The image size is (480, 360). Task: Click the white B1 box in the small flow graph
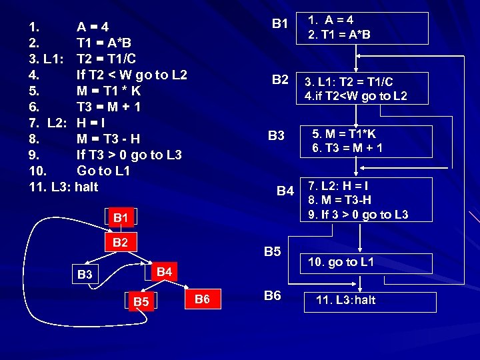coord(120,218)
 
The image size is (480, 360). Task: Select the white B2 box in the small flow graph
coord(120,242)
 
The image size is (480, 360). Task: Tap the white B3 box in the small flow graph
coord(85,274)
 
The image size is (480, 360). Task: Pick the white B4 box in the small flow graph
coord(163,271)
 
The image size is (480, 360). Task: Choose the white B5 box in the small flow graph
coord(141,302)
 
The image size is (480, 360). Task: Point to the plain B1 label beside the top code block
coord(280,24)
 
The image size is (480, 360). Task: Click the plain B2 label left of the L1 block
coord(280,81)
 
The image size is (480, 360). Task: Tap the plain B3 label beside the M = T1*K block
coord(276,137)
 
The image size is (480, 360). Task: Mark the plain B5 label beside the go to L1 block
coord(273,252)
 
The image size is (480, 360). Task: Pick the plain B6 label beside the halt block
coord(273,295)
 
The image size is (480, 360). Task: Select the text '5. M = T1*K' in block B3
coord(345,134)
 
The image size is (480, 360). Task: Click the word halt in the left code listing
coord(87,187)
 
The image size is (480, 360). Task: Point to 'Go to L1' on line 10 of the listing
coord(103,171)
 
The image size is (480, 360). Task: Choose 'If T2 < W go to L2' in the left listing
coord(132,75)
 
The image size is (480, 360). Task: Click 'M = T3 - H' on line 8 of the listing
coord(109,139)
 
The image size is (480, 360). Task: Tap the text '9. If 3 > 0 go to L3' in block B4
coord(358,214)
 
